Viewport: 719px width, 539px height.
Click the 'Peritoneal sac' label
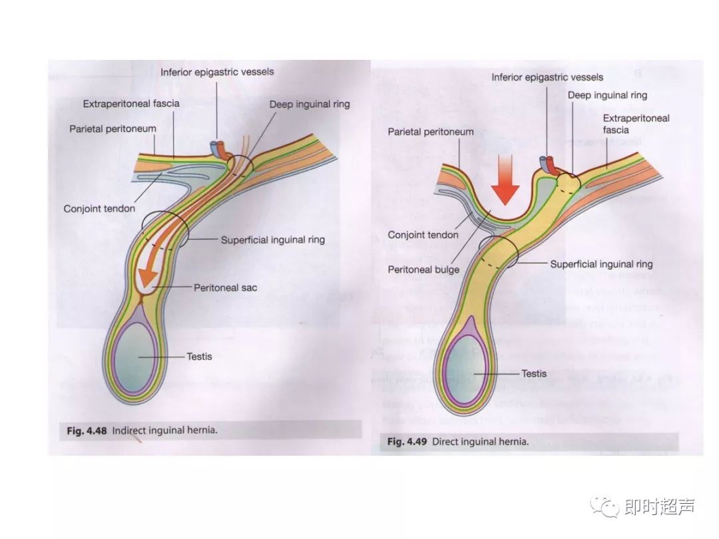coord(225,288)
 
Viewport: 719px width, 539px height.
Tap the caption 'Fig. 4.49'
coord(407,441)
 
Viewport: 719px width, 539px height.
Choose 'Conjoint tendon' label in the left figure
coord(99,209)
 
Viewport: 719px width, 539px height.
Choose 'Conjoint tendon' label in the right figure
coord(423,235)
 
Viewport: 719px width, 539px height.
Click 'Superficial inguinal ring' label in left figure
coord(273,240)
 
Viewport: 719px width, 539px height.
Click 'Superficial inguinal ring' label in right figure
coord(601,264)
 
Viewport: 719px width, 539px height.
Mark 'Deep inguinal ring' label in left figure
coord(310,104)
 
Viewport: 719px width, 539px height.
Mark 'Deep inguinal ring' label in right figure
coord(607,95)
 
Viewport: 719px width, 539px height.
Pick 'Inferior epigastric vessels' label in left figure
coord(217,72)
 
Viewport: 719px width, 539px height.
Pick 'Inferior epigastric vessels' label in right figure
coord(547,77)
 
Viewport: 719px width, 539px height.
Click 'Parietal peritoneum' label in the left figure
coord(113,128)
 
